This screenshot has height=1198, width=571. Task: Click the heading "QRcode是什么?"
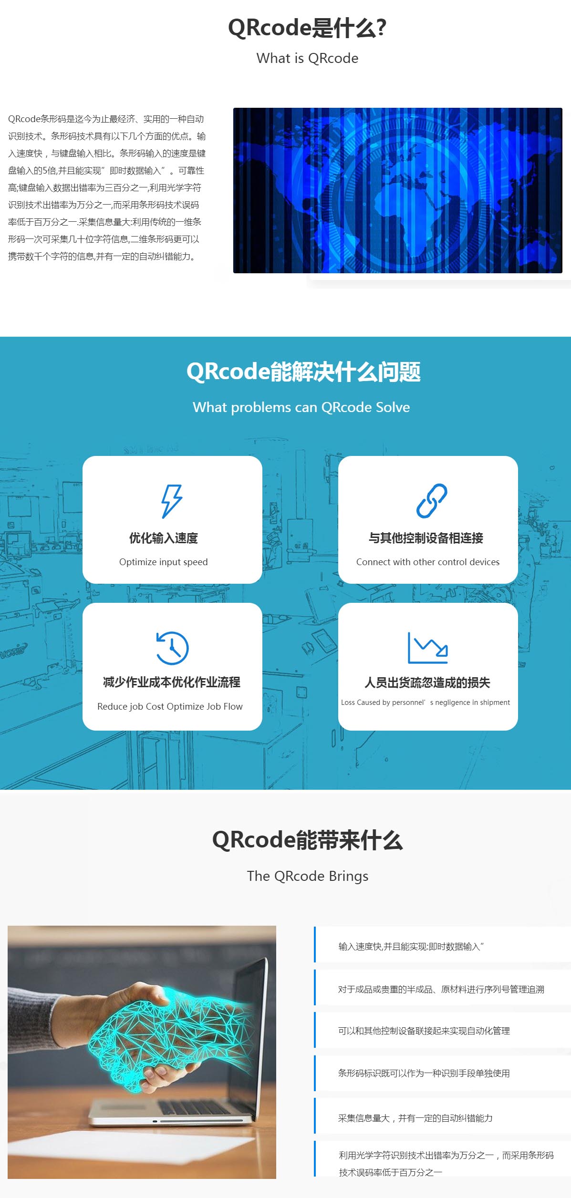[x=307, y=28]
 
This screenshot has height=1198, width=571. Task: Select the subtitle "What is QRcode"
[x=307, y=58]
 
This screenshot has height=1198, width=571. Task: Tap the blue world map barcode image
[x=397, y=190]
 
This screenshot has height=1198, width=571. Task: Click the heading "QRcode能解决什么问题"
[x=303, y=372]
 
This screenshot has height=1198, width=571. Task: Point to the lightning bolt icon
[x=171, y=501]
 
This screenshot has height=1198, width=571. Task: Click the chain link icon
[x=431, y=501]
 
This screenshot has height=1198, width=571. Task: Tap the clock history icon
[x=172, y=648]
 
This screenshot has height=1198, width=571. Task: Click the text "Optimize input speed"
[x=163, y=562]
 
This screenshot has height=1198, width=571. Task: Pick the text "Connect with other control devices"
[x=427, y=562]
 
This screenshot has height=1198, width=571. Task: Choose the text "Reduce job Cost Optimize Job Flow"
[x=170, y=706]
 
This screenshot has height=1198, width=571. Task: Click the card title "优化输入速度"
[x=163, y=538]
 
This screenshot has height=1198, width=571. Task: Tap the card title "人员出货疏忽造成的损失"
[x=427, y=682]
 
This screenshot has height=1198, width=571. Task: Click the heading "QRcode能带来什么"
[x=307, y=840]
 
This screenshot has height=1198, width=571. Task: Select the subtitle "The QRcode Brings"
[x=307, y=876]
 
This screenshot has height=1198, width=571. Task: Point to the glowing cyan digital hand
[x=167, y=1035]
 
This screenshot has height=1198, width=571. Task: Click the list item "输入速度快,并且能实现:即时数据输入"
[x=411, y=947]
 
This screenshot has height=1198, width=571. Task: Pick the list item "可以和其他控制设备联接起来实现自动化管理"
[x=424, y=1031]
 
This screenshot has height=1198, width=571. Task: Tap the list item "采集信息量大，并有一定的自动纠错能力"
[x=415, y=1118]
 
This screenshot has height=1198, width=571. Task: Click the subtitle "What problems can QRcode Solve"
[x=301, y=407]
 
